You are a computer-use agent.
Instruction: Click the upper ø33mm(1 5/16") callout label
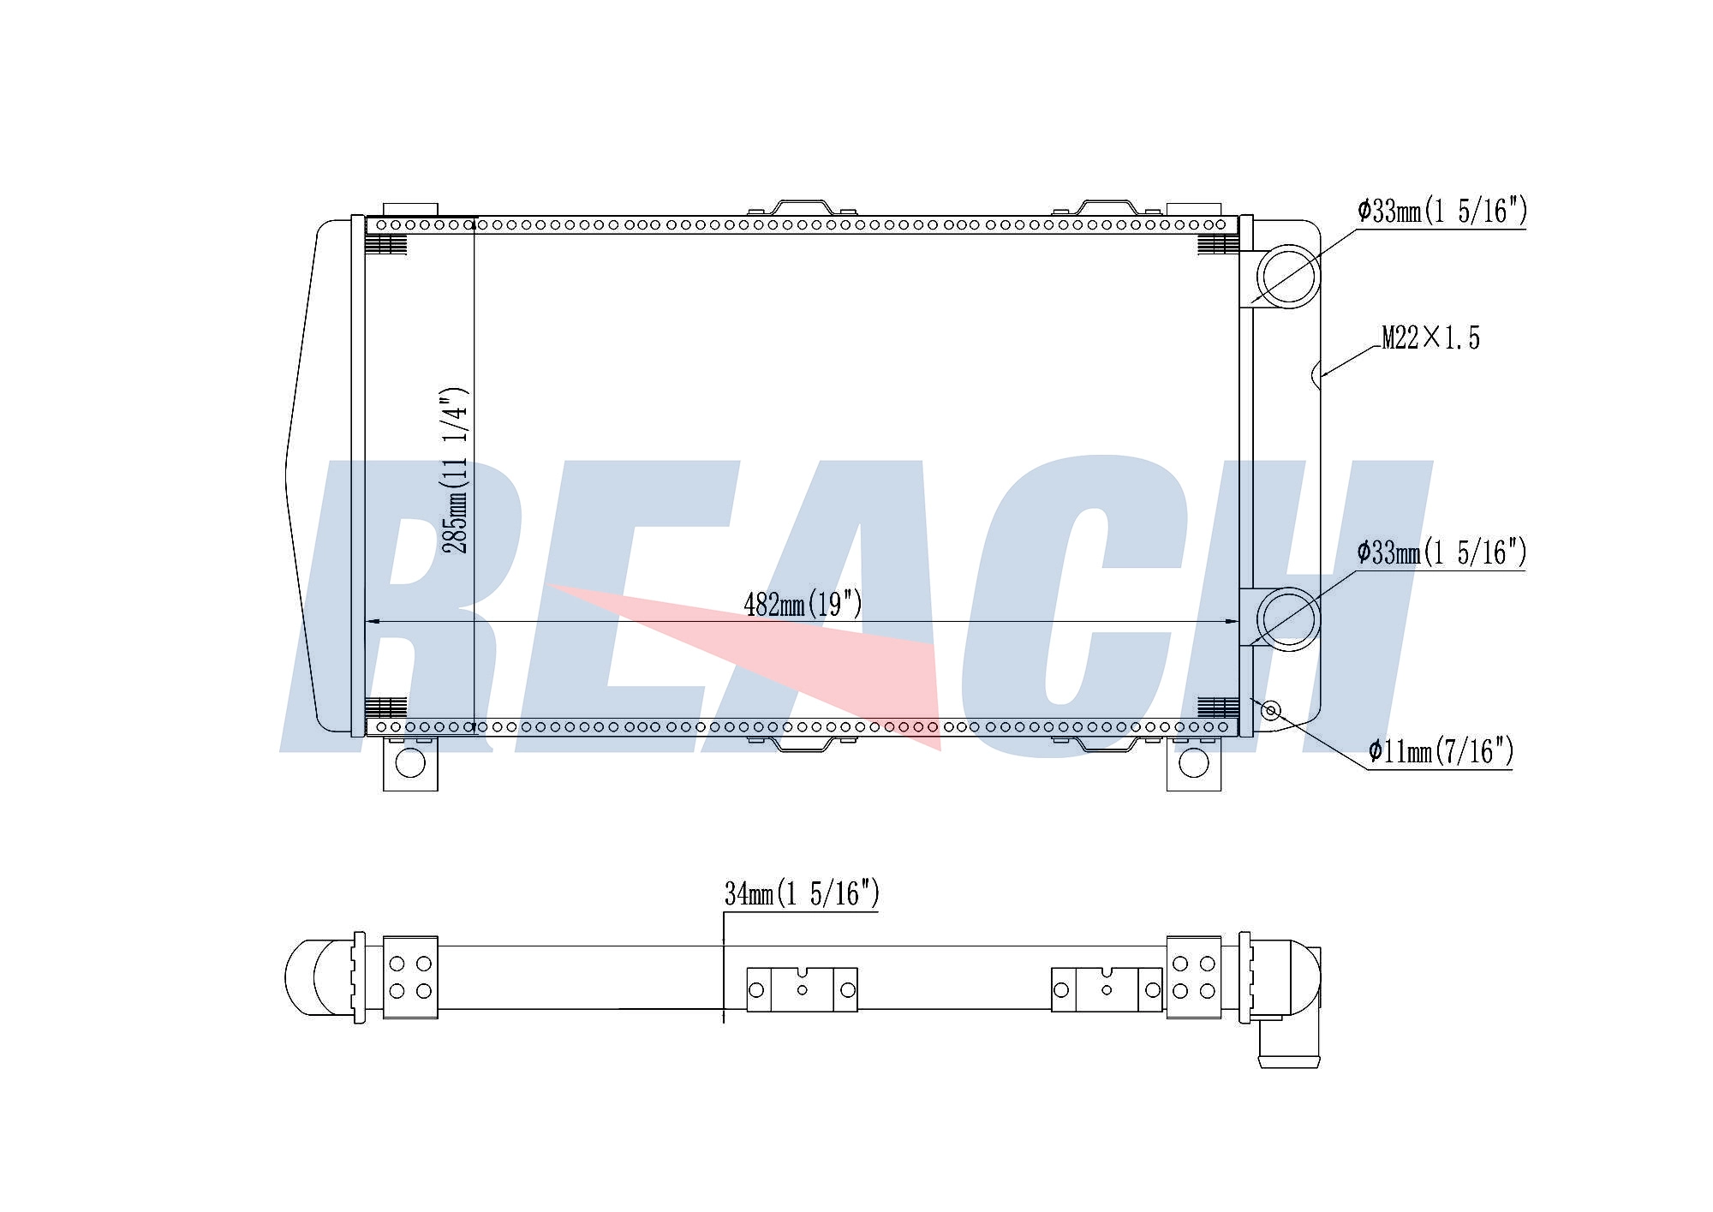(x=1442, y=211)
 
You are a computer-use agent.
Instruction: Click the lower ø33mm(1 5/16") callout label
(x=1442, y=552)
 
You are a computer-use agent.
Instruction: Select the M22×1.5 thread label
(x=1431, y=337)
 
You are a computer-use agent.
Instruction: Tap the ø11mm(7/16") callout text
(x=1441, y=751)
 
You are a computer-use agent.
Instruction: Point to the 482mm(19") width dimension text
(x=803, y=605)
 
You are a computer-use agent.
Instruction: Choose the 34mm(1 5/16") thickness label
(x=802, y=894)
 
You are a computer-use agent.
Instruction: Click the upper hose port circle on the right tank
(x=1287, y=276)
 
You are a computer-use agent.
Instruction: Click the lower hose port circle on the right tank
(x=1287, y=618)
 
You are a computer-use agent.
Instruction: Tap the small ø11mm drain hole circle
(x=1272, y=710)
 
